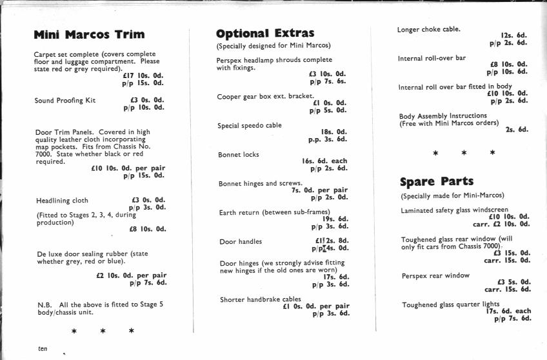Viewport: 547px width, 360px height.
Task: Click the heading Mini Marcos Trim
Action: pyautogui.click(x=89, y=34)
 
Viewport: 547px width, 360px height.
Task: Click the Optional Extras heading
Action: pyautogui.click(x=265, y=33)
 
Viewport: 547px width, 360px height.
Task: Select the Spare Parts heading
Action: pyautogui.click(x=437, y=181)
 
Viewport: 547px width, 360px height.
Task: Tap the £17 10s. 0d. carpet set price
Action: pyautogui.click(x=143, y=75)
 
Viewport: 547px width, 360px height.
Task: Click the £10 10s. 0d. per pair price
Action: pyautogui.click(x=128, y=168)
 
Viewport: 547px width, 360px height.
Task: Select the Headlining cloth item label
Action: pyautogui.click(x=63, y=201)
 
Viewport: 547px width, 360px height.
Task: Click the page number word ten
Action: pyautogui.click(x=43, y=348)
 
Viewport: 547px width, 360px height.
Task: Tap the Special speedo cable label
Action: pyautogui.click(x=250, y=125)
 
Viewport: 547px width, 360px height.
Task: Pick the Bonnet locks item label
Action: pyautogui.click(x=239, y=155)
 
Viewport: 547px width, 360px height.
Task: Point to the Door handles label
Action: pyautogui.click(x=241, y=241)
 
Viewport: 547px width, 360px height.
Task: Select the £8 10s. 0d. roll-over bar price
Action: pyautogui.click(x=508, y=65)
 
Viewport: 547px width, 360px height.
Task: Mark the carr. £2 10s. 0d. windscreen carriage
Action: pyautogui.click(x=501, y=224)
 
